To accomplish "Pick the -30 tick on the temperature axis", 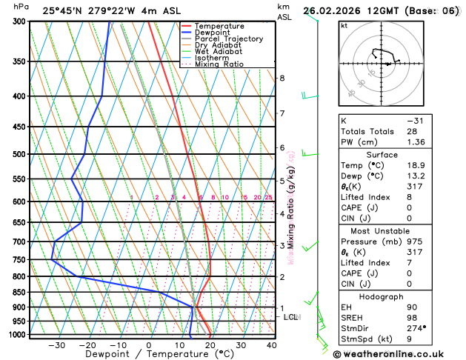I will tap(56, 345).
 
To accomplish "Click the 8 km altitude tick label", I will tap(282, 78).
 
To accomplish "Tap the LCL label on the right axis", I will tap(291, 317).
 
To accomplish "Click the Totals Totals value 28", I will tap(412, 131).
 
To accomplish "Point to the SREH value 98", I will tap(412, 317).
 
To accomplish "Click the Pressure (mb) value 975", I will tap(414, 241).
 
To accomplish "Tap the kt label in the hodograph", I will tap(344, 26).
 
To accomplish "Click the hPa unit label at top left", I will tap(21, 7).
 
